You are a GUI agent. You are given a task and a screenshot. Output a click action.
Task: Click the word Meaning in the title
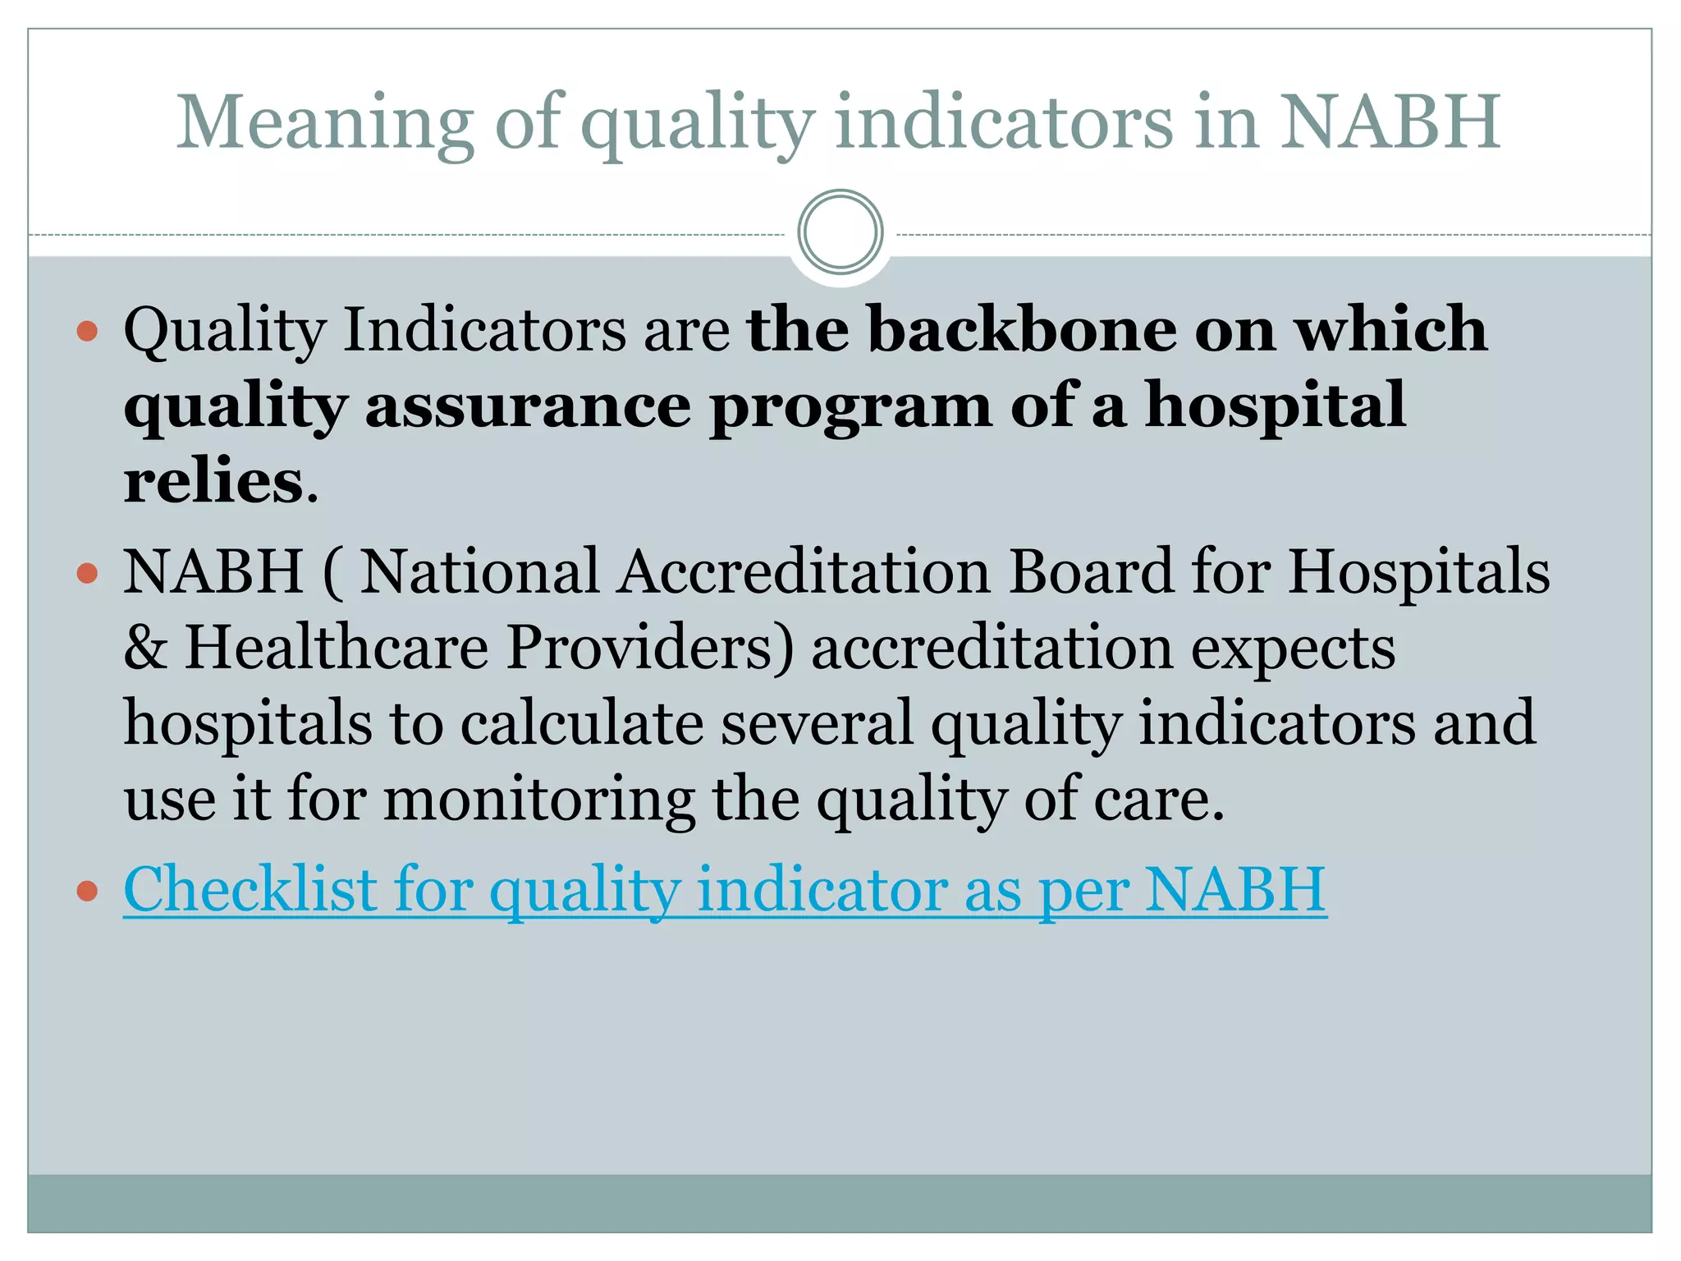click(x=325, y=123)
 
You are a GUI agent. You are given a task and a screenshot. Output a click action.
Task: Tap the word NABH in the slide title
click(x=1390, y=123)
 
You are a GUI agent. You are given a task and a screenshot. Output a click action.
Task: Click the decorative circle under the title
click(x=840, y=232)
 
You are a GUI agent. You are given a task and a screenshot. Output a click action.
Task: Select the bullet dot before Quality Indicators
click(x=87, y=332)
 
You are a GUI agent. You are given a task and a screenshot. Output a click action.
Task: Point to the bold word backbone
click(x=1022, y=328)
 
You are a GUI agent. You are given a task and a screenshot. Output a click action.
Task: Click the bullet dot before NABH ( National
click(x=87, y=573)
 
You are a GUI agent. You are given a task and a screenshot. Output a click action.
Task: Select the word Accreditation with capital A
click(x=804, y=571)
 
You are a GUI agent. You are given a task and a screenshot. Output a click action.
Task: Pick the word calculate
click(x=581, y=723)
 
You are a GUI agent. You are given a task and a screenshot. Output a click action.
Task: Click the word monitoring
click(x=538, y=799)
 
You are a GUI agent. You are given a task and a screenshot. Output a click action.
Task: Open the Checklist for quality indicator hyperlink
click(x=725, y=889)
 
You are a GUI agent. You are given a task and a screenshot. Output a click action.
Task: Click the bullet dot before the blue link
click(x=87, y=891)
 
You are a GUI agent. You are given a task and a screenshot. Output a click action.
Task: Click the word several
click(x=817, y=723)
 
